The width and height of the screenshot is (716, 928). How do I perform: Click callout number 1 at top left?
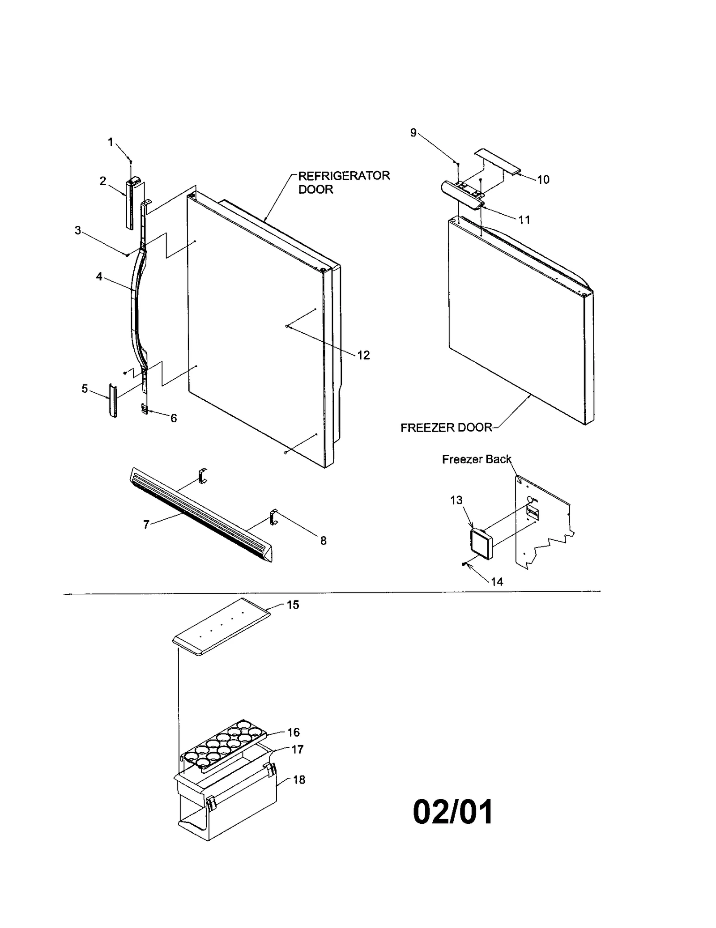pyautogui.click(x=110, y=142)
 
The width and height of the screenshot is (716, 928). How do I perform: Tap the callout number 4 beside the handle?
pyautogui.click(x=99, y=277)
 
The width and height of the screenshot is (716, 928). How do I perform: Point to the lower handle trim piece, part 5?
pyautogui.click(x=113, y=400)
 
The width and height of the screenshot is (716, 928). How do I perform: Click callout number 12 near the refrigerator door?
pyautogui.click(x=363, y=355)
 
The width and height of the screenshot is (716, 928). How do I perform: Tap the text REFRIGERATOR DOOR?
pyautogui.click(x=344, y=182)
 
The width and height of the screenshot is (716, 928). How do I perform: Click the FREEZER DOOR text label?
pyautogui.click(x=446, y=428)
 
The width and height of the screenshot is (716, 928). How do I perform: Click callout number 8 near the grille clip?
pyautogui.click(x=324, y=541)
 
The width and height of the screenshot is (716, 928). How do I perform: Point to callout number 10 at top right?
pyautogui.click(x=543, y=180)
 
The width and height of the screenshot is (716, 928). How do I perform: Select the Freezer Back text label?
pyautogui.click(x=476, y=459)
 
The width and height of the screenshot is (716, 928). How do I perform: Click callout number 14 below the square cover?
pyautogui.click(x=497, y=582)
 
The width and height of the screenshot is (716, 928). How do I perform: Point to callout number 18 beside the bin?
pyautogui.click(x=299, y=780)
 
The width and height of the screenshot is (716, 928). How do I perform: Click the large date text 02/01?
pyautogui.click(x=452, y=812)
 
